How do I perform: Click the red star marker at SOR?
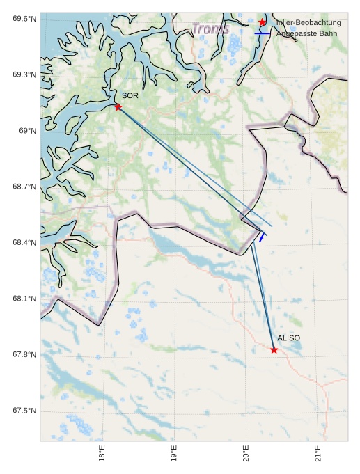coord(118,106)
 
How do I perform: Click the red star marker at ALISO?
coord(274,349)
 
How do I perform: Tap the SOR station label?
coord(130,95)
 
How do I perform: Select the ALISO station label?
coord(288,338)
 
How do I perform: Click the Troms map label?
coord(210,29)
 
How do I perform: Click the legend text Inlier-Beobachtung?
coord(308,23)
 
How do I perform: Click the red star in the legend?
coord(263,23)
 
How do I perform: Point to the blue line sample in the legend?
coord(263,33)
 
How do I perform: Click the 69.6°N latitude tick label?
coord(24,18)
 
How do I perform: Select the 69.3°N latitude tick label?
coord(24,74)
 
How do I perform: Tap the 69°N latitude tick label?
coord(27,131)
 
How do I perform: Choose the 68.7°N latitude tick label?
coord(24,187)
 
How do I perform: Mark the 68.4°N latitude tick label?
coord(24,243)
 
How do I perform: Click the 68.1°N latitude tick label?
coord(24,299)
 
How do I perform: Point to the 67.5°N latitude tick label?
coord(24,411)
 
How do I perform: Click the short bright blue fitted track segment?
coord(262,237)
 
